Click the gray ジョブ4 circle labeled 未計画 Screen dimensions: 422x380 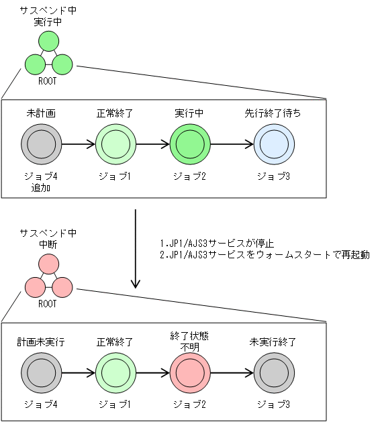(42, 144)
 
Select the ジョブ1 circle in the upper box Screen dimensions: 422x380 (115, 144)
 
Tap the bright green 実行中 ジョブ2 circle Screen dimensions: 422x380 (190, 144)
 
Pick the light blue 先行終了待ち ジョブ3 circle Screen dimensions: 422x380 (274, 144)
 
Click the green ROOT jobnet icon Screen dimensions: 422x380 (48, 58)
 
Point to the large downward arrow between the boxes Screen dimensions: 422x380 (136, 248)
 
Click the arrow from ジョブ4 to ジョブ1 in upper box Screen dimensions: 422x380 (78, 144)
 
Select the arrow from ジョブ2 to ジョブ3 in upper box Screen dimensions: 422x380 (232, 144)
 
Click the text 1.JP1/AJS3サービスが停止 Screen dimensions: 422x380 (209, 242)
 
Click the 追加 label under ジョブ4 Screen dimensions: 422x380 (42, 188)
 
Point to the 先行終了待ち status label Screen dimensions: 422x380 (273, 113)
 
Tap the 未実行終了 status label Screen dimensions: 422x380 (273, 341)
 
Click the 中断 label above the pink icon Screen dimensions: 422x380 (48, 245)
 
